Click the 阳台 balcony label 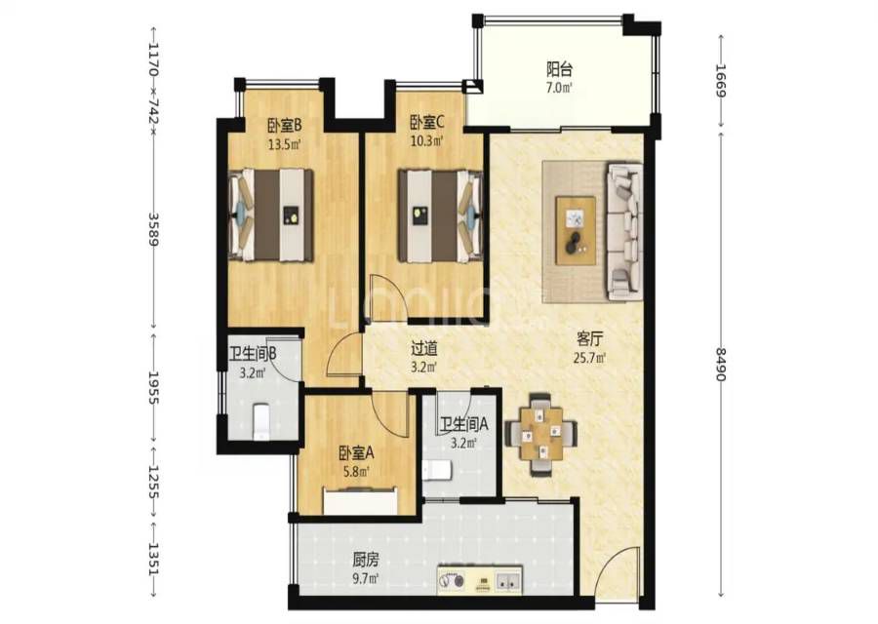point(559,69)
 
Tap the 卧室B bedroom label point(285,124)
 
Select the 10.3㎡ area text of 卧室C point(426,141)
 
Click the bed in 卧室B point(271,214)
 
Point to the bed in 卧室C point(440,215)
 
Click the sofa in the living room point(624,229)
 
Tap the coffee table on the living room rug point(576,230)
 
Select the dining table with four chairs point(540,434)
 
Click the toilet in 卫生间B point(261,421)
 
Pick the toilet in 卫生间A point(438,471)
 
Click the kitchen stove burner point(452,580)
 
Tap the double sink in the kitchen point(508,580)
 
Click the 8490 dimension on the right point(721,365)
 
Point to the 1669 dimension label point(721,81)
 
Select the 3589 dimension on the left point(153,229)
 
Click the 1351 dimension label point(153,559)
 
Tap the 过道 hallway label point(424,349)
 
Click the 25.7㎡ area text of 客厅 point(589,358)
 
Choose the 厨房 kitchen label point(366,559)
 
